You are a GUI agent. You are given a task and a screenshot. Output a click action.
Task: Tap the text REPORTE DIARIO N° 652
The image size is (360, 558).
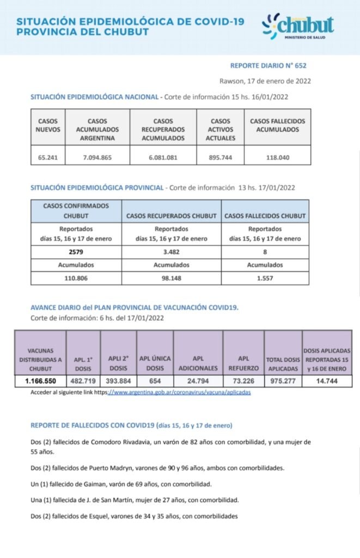coord(268,65)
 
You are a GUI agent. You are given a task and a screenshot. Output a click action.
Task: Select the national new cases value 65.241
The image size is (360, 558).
coord(48,158)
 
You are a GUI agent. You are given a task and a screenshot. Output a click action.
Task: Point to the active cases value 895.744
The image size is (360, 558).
coord(220,158)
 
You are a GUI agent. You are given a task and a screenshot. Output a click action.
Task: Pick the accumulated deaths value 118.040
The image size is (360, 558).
coord(277,158)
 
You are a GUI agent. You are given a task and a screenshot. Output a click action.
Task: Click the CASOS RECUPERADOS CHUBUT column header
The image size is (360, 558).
coord(171,216)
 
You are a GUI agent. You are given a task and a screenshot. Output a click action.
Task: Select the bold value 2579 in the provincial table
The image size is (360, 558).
coord(77,252)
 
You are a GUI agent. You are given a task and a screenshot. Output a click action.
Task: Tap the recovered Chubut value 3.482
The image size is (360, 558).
coord(171,252)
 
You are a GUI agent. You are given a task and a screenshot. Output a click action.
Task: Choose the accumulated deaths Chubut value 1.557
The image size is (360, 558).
coord(265,277)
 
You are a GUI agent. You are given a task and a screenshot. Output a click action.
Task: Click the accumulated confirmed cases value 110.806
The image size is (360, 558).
coord(77,277)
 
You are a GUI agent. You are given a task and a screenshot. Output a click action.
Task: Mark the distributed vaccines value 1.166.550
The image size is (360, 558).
coord(41,381)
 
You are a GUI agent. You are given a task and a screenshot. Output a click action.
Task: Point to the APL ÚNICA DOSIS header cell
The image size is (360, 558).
coord(155,362)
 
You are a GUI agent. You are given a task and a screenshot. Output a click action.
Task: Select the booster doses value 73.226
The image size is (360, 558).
coord(243,381)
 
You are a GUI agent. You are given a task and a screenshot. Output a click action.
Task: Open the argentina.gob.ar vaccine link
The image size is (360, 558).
coord(180,392)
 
